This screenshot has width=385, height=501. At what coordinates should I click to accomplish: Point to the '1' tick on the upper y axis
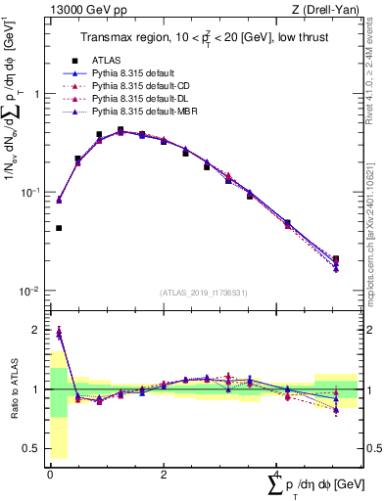point(36,94)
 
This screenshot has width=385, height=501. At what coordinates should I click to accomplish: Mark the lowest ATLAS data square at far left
point(59,228)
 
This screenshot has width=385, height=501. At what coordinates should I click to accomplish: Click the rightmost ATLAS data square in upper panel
point(336,259)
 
